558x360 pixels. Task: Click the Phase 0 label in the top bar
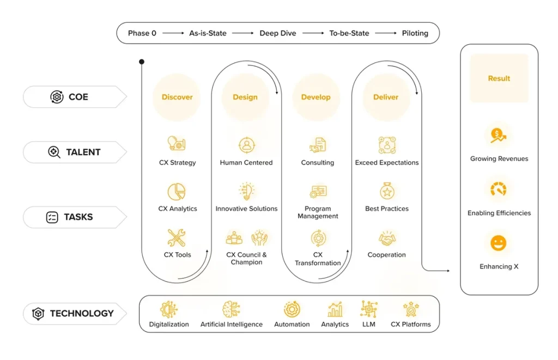pos(142,33)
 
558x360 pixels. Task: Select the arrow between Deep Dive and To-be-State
pos(313,33)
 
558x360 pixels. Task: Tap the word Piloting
pos(415,33)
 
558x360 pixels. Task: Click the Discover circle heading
pos(177,97)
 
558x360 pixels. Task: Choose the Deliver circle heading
pos(386,97)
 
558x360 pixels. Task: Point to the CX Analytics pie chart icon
pos(177,192)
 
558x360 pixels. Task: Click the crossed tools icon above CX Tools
pos(177,238)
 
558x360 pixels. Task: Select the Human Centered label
pos(246,162)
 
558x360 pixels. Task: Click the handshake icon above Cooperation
pos(387,239)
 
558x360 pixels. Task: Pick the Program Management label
pos(318,212)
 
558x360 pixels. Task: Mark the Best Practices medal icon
pos(387,192)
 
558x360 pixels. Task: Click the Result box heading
pos(499,78)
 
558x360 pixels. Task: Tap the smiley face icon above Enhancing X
pos(498,243)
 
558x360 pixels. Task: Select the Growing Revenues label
pos(499,159)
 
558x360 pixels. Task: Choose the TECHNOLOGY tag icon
pos(38,314)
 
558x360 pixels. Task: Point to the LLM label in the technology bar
pos(369,324)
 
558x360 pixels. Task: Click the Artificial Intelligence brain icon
pos(231,310)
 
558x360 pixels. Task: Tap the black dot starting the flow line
pos(142,62)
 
